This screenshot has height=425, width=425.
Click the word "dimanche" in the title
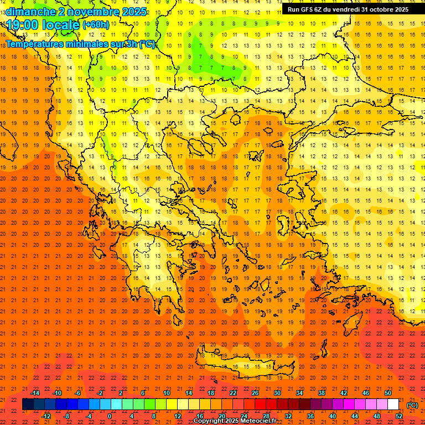30,12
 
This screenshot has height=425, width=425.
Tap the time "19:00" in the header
24,24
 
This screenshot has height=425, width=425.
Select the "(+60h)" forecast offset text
96,25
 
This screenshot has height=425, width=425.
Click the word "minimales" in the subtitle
90,44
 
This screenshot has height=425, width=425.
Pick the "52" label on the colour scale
399,416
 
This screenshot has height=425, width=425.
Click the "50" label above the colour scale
388,393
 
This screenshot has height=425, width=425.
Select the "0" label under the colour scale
110,416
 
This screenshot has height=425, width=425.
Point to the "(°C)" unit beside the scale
412,405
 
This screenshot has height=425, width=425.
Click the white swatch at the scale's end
393,405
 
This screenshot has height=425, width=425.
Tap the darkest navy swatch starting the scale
28,405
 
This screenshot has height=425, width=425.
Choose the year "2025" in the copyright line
228,421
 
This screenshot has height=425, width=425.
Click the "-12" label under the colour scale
46,416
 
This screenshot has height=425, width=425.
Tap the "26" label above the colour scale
255,393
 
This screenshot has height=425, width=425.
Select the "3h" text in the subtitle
133,44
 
